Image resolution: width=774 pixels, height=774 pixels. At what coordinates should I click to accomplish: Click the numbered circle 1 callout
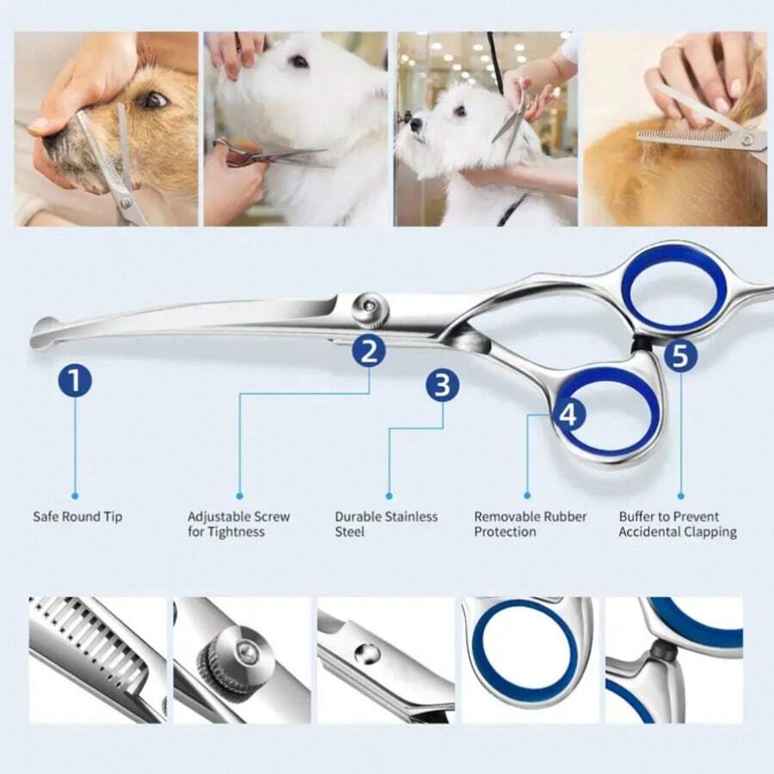tap(75, 379)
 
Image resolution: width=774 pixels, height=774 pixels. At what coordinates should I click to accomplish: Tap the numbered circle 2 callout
tap(369, 351)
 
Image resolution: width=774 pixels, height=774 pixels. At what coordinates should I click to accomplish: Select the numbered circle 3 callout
tap(442, 385)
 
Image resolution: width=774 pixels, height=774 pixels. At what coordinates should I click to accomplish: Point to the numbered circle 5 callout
tap(680, 355)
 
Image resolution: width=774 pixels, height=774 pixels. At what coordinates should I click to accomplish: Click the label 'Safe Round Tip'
tap(77, 517)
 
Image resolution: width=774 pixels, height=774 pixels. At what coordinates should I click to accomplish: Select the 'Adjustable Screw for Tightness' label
tap(238, 524)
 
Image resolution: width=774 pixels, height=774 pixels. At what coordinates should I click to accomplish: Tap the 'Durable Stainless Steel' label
tap(386, 524)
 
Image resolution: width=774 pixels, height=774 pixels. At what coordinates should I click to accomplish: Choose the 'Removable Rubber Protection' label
tap(530, 524)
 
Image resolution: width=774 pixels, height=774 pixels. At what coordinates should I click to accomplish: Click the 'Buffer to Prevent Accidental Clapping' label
tap(678, 524)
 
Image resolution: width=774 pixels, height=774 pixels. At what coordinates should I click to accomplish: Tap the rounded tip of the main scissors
tap(43, 333)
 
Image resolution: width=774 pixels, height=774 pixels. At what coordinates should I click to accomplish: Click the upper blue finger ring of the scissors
tap(673, 286)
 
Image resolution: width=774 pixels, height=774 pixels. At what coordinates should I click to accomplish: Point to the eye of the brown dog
tap(153, 101)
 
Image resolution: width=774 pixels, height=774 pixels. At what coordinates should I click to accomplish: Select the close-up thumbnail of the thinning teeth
tap(97, 660)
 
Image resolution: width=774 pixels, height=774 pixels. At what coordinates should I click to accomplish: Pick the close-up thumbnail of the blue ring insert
tap(526, 660)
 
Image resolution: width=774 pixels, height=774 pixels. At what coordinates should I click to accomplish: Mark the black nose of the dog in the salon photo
tap(415, 124)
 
